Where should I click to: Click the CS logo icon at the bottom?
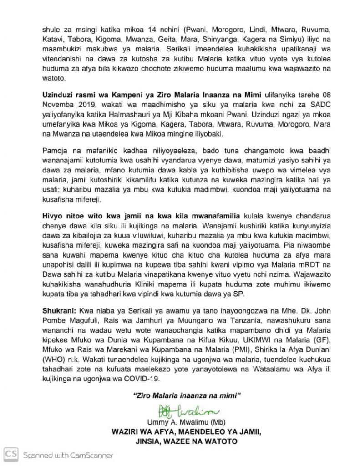point(11,454)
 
